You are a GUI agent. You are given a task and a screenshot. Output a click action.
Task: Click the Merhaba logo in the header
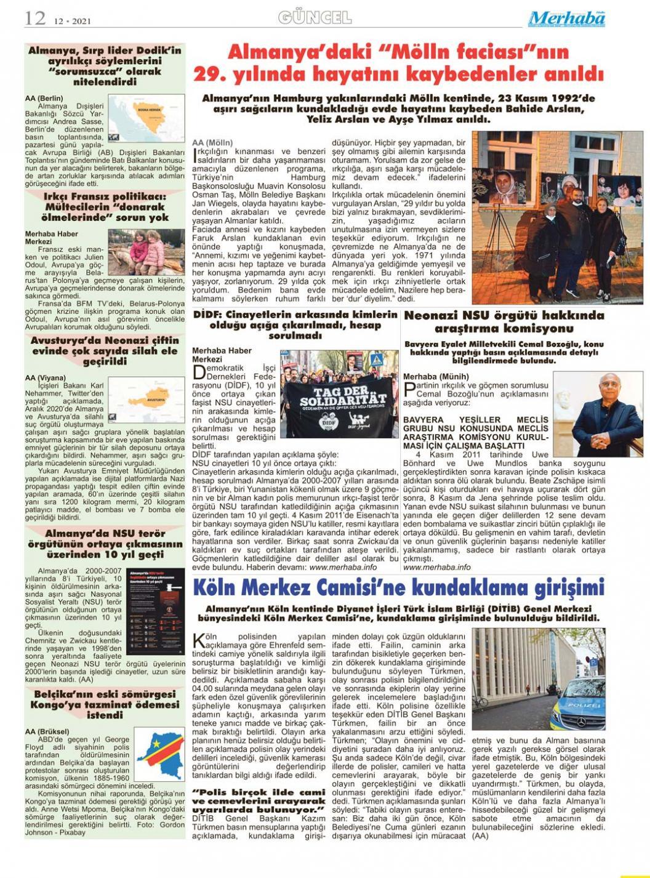pos(566,18)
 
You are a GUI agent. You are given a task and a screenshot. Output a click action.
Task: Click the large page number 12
pos(35,18)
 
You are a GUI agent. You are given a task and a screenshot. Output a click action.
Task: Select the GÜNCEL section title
pos(315,17)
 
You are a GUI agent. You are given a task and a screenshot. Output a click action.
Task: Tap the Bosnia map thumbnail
pos(146,118)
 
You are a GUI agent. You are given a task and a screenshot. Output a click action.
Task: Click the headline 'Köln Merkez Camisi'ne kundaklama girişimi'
pos(399,587)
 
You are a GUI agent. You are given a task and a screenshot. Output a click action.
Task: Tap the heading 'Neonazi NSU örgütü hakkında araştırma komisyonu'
pos(504,321)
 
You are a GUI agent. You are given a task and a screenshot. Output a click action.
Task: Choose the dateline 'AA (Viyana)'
pos(45,377)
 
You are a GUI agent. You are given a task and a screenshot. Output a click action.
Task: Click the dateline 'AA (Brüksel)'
pos(47,731)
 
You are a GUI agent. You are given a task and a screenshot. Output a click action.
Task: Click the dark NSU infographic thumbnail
pos(156,611)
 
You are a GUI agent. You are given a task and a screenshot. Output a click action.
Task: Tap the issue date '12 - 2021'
pos(72,20)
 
